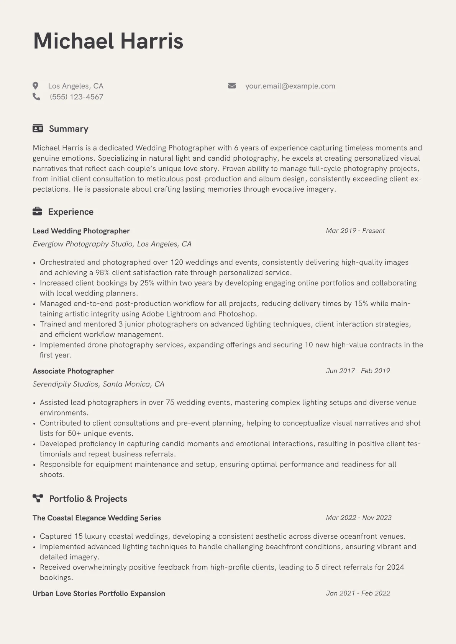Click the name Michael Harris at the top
tap(108, 41)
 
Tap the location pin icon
tap(36, 86)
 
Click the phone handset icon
tap(36, 97)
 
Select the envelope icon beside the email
tap(232, 86)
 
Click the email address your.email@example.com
tap(290, 86)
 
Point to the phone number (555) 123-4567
tap(76, 97)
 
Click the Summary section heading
tap(69, 129)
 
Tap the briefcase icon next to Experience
tap(37, 211)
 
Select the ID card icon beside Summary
tap(38, 129)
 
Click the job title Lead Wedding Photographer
tap(81, 231)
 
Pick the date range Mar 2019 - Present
tap(355, 231)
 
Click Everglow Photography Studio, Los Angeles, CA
tap(112, 244)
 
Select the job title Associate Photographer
tap(73, 371)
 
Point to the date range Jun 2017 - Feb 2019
tap(358, 371)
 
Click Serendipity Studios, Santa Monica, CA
tap(98, 384)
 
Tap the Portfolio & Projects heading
tap(88, 499)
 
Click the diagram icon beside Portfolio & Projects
tap(38, 498)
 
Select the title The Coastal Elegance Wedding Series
tap(97, 518)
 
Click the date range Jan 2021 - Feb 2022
tap(358, 593)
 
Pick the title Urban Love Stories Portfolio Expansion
tap(99, 594)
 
